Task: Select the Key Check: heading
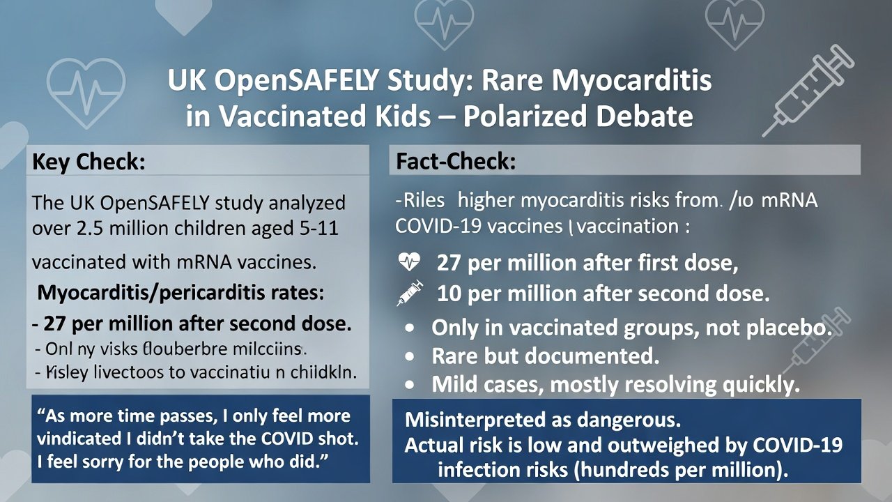(x=89, y=162)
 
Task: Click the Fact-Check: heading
(x=456, y=162)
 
